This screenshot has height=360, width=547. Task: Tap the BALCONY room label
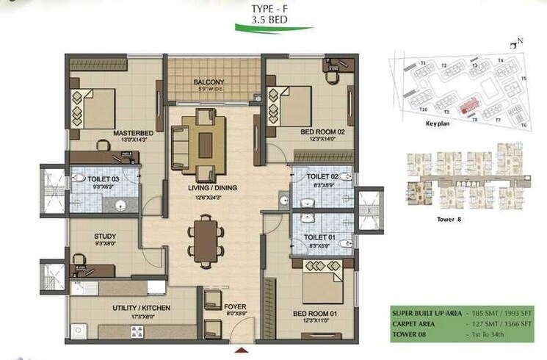[x=209, y=82]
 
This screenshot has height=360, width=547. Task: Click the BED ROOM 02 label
[x=322, y=132]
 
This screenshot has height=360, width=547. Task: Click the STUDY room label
[x=105, y=237]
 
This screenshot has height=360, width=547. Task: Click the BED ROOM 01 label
[x=315, y=314]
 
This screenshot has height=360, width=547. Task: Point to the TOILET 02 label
[x=322, y=177]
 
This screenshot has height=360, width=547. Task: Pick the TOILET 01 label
[x=322, y=237]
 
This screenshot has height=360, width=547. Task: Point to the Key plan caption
[x=438, y=124]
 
